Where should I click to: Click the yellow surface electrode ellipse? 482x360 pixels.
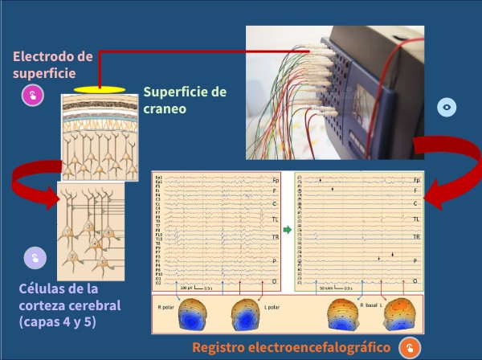point(100,88)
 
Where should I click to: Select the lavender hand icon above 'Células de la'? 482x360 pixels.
point(35,259)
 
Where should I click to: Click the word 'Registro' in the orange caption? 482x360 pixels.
point(221,348)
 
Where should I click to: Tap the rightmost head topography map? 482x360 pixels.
point(399,316)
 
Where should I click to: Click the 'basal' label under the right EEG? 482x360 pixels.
point(372,306)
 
